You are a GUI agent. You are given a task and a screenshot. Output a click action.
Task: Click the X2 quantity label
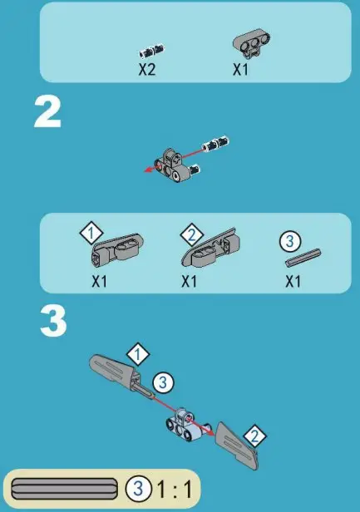click(x=147, y=70)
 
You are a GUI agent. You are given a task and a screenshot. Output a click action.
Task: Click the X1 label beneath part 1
click(x=100, y=281)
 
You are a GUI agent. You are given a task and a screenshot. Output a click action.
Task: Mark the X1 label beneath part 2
click(x=190, y=281)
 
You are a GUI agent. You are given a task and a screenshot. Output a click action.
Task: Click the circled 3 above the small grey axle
click(x=287, y=241)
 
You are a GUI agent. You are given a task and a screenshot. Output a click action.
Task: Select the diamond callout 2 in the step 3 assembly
click(x=257, y=434)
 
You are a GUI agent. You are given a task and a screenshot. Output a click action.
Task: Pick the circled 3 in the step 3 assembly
click(x=164, y=383)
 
